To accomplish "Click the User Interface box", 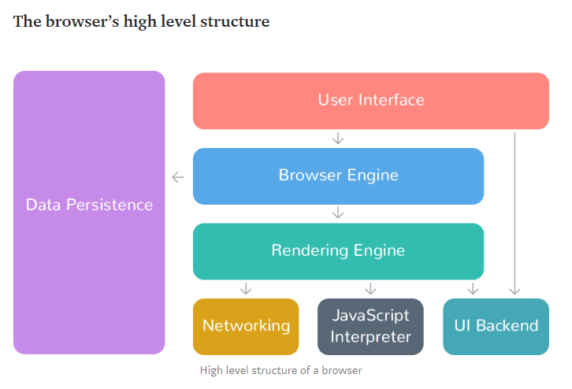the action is [370, 101].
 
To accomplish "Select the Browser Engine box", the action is [338, 176].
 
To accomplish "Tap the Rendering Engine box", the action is [338, 251].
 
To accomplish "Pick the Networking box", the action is [246, 327].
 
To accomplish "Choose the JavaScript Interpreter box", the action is [370, 327].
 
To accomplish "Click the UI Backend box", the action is [496, 327].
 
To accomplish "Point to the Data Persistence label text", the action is [89, 205].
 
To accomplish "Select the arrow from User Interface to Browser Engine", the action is [338, 139].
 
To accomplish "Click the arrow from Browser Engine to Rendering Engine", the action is [338, 213].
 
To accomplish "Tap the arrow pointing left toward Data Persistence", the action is [178, 177].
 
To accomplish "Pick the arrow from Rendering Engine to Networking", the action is [246, 288].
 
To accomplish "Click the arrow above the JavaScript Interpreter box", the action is [370, 288].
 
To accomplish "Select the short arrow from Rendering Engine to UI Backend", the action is [473, 288].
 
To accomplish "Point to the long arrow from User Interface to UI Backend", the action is [514, 213].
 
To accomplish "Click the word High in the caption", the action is [211, 371].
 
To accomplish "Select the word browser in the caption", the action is [342, 370].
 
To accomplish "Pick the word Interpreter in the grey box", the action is [370, 337].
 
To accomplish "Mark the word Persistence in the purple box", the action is [110, 205].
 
